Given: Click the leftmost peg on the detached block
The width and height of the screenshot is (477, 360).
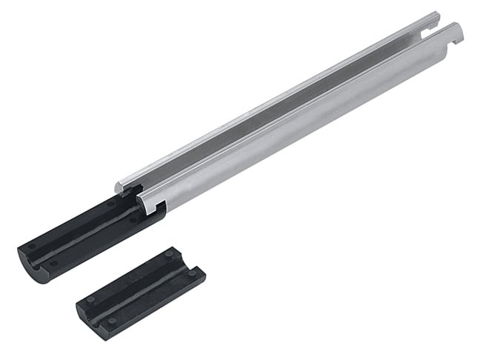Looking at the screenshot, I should [90, 299].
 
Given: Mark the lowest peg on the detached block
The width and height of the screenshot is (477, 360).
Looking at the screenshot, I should [112, 321].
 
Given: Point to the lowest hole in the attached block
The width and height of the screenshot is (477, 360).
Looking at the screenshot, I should [54, 263].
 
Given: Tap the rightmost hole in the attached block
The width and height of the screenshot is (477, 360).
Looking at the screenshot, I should [134, 219].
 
